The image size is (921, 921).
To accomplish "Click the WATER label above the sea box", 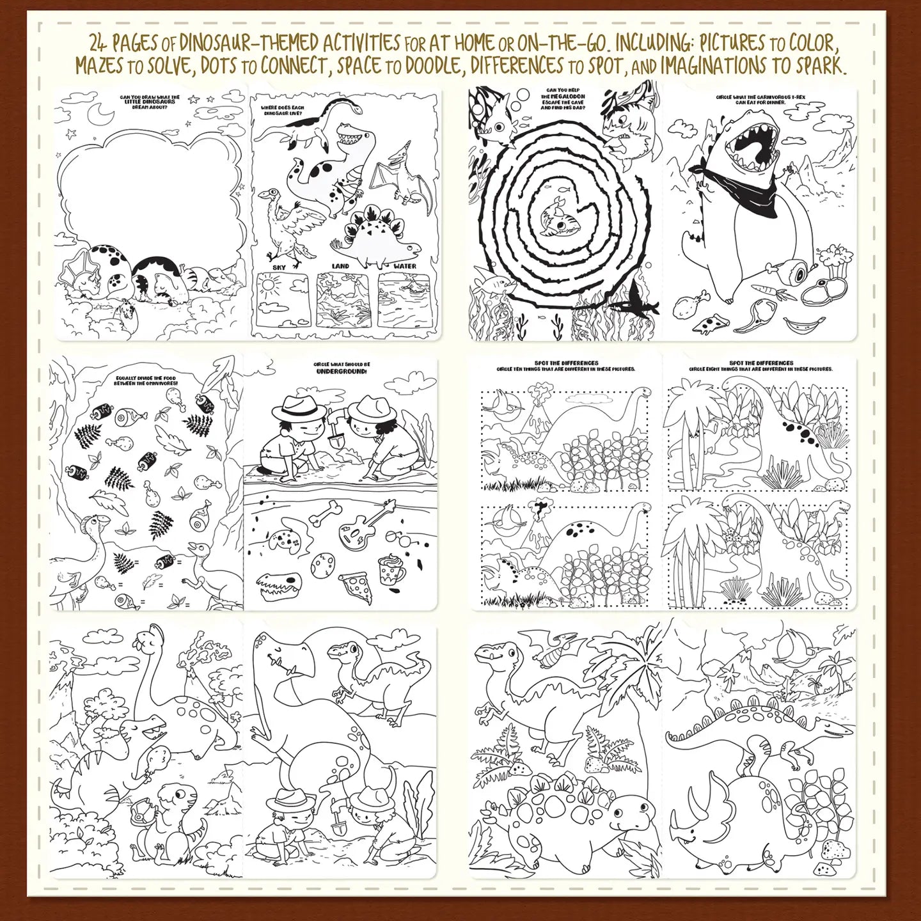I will point(404,266).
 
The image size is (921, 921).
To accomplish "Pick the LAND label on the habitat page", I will point(340,266).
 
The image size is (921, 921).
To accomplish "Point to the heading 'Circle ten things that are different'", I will point(565,369).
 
